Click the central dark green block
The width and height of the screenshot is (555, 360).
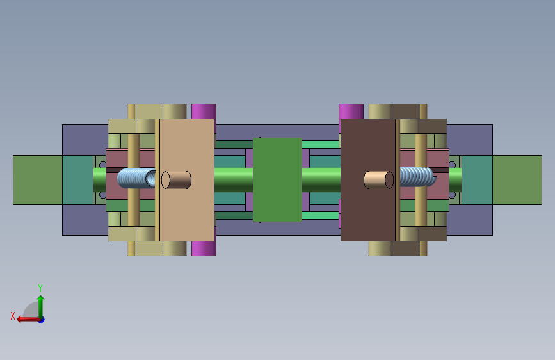(x=278, y=180)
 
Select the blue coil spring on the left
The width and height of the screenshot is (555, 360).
(x=136, y=178)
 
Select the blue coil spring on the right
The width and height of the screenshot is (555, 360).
(x=417, y=177)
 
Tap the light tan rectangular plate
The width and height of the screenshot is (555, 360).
(x=186, y=180)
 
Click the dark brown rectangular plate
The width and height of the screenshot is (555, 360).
(x=368, y=180)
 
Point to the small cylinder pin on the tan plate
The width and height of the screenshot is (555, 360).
(x=176, y=180)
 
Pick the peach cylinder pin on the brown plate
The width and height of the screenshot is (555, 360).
(x=379, y=180)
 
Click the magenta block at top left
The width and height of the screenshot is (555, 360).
(x=204, y=111)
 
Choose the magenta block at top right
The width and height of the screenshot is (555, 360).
(x=351, y=111)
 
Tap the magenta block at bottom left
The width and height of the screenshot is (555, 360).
(x=204, y=249)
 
